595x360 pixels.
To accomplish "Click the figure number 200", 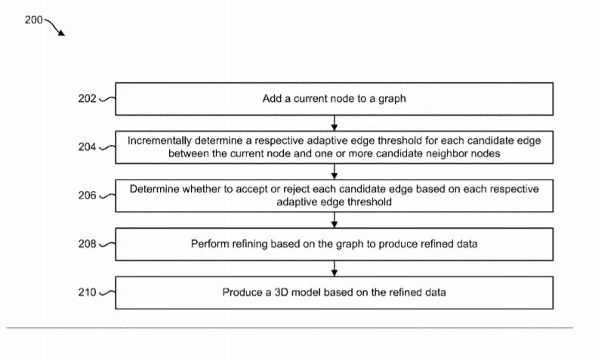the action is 34,20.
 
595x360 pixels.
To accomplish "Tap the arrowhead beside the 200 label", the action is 61,33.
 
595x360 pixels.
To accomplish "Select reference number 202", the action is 88,99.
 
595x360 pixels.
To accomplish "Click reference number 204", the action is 88,147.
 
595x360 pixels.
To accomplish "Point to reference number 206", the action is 88,195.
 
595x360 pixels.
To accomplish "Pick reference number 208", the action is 88,244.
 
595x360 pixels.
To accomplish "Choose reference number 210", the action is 88,293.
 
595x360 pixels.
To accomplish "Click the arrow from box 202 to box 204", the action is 334,123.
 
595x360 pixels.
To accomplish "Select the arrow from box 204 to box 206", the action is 334,171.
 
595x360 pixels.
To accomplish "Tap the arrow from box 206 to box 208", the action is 334,220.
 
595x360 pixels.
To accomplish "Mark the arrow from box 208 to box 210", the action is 334,269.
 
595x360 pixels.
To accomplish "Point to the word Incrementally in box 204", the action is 159,140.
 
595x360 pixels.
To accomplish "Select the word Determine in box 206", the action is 155,189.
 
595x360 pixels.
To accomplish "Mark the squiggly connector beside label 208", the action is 107,245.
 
